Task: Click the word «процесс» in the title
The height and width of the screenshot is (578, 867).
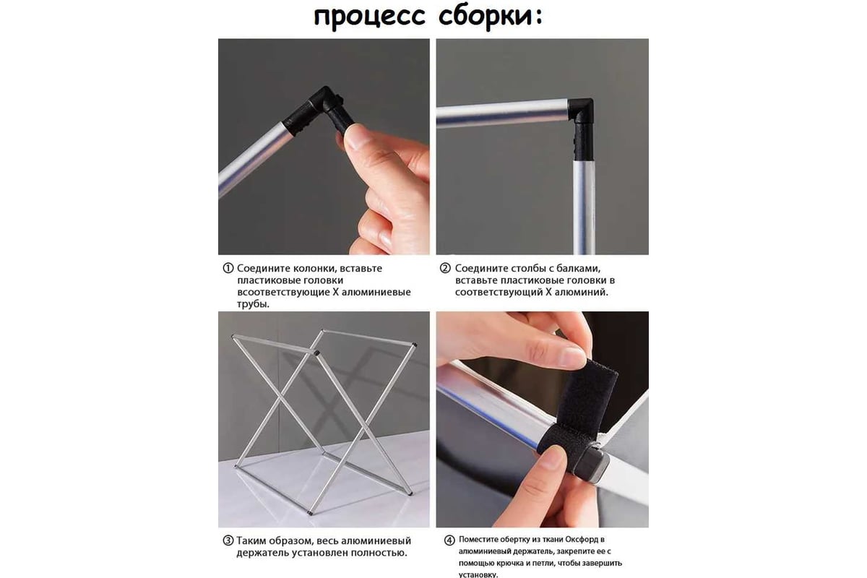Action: click(369, 17)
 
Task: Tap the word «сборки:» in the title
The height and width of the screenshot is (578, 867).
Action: click(491, 17)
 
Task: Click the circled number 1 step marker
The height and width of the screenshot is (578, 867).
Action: click(228, 268)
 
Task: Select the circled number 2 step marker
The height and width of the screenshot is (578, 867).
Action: click(445, 268)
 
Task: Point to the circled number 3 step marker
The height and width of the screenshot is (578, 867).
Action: click(228, 541)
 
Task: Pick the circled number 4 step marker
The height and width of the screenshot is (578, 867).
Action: click(449, 540)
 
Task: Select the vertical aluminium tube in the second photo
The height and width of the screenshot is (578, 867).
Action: click(584, 207)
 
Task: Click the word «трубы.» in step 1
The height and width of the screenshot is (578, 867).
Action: click(253, 304)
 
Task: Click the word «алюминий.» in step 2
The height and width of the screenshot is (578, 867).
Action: click(582, 293)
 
